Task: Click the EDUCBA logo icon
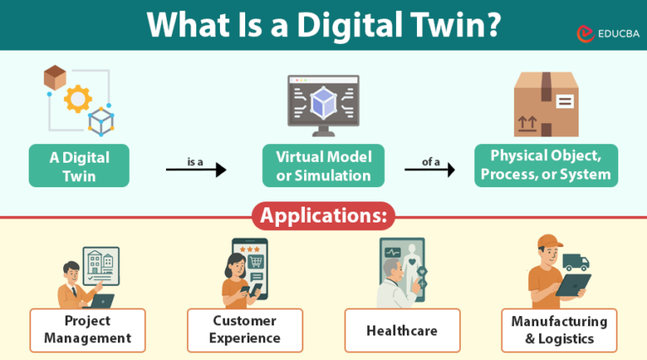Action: coord(586,33)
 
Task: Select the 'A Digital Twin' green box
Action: coord(79,165)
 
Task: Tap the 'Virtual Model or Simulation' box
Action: coord(323,165)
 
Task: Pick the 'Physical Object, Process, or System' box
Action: coord(545,165)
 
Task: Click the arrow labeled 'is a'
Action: coord(196,170)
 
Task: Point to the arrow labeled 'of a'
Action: coord(430,170)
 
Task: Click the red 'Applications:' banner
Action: coord(323,215)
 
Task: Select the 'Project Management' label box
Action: coord(87,330)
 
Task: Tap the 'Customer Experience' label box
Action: coord(246,330)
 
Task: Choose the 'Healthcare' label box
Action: coord(402,330)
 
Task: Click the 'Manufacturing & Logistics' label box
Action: coord(559,330)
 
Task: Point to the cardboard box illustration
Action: coord(546,104)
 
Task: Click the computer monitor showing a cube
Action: coord(323,105)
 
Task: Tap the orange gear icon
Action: coord(78,99)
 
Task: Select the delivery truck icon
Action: coord(576,262)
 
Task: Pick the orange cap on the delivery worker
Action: coord(549,243)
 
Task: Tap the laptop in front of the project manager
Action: coord(102,300)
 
